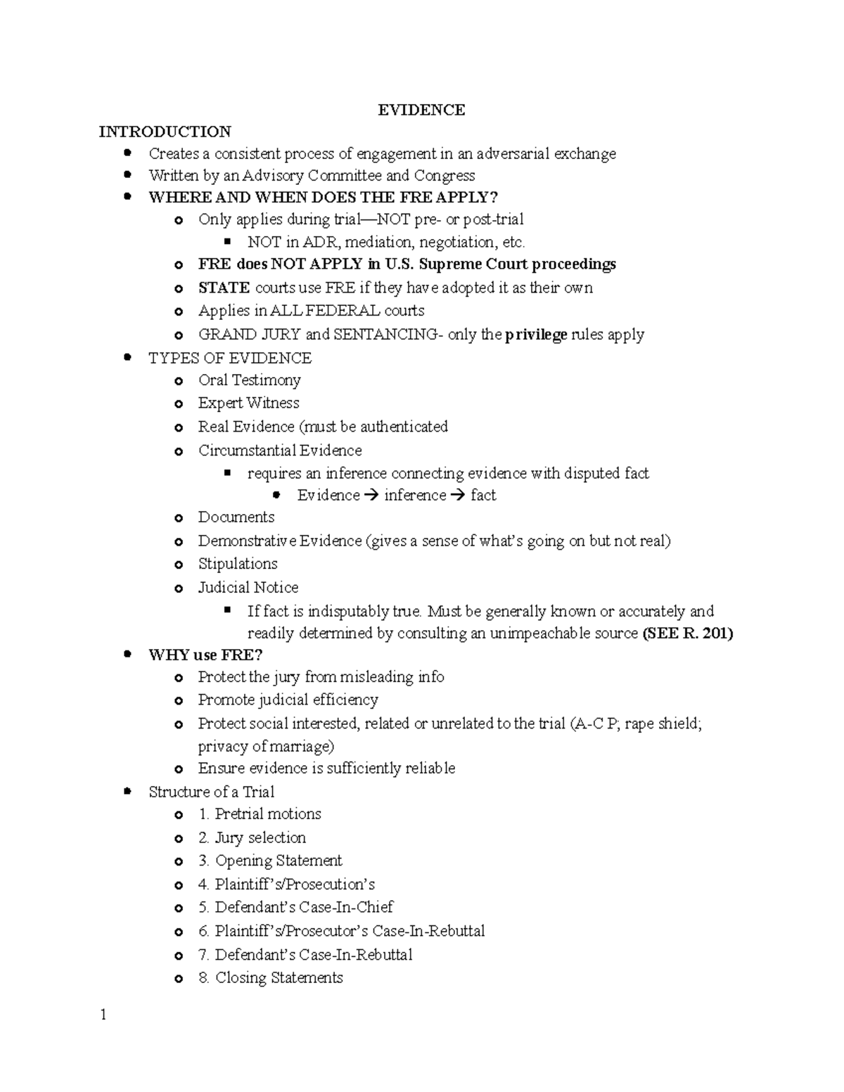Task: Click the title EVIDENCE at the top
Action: tap(421, 110)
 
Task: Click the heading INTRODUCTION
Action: tap(165, 132)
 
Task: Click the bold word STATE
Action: tap(224, 288)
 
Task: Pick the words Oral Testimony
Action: tap(249, 380)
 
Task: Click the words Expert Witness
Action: tap(248, 403)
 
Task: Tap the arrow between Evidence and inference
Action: tap(372, 496)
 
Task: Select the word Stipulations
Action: tap(238, 564)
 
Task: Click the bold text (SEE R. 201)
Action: tap(688, 634)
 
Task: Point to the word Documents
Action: tap(236, 518)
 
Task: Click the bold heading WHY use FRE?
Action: tap(205, 655)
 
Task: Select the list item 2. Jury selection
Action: tap(252, 837)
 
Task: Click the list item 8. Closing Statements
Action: tap(270, 977)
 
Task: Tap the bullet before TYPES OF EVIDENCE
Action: tap(127, 358)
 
